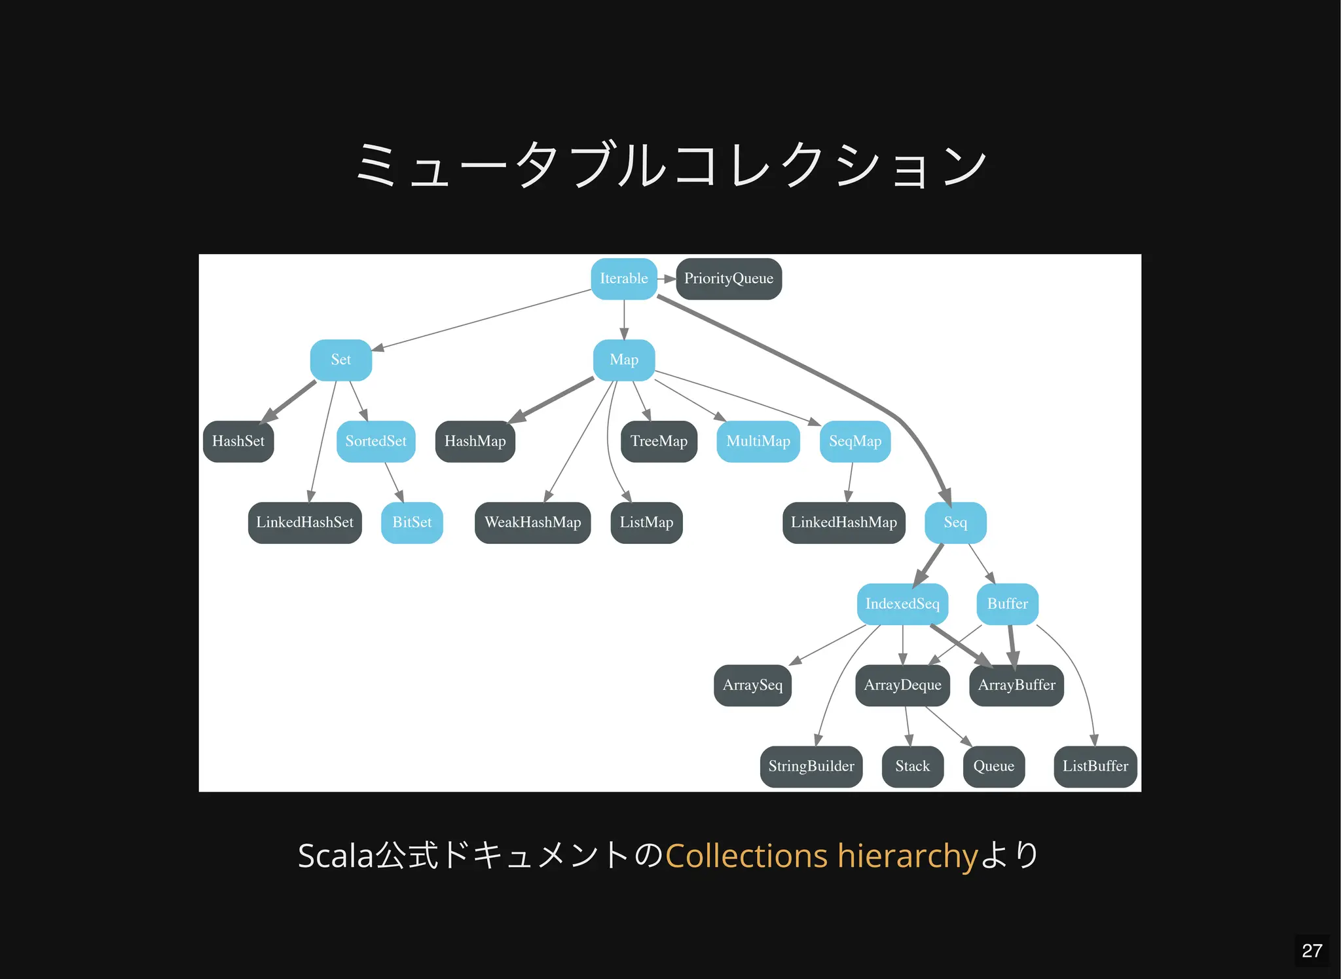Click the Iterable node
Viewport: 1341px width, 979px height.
click(x=623, y=278)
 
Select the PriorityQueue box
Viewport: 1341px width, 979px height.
click(x=728, y=278)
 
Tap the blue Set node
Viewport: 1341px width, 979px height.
click(x=340, y=360)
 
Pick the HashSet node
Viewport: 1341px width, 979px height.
click(x=238, y=441)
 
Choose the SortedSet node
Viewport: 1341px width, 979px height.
click(x=376, y=441)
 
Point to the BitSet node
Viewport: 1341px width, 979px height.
click(x=412, y=522)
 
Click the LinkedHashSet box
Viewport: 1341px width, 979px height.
click(x=304, y=522)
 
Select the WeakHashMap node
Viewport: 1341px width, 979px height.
click(x=532, y=522)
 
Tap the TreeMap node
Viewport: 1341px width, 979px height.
click(x=659, y=441)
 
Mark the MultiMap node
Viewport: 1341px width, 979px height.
click(x=758, y=441)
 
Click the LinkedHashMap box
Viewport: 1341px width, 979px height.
click(x=843, y=522)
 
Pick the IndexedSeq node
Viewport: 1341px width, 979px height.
click(x=902, y=604)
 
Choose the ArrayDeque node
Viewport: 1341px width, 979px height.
click(x=902, y=685)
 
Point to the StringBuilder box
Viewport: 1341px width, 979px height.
click(x=811, y=766)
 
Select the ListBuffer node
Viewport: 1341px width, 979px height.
click(x=1095, y=766)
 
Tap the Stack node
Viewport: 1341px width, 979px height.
click(x=912, y=766)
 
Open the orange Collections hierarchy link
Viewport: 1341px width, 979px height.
click(x=822, y=856)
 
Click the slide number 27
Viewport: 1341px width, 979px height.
click(x=1312, y=950)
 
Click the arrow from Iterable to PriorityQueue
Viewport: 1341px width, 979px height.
click(x=667, y=278)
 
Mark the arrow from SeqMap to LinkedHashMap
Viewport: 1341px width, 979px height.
click(x=850, y=482)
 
